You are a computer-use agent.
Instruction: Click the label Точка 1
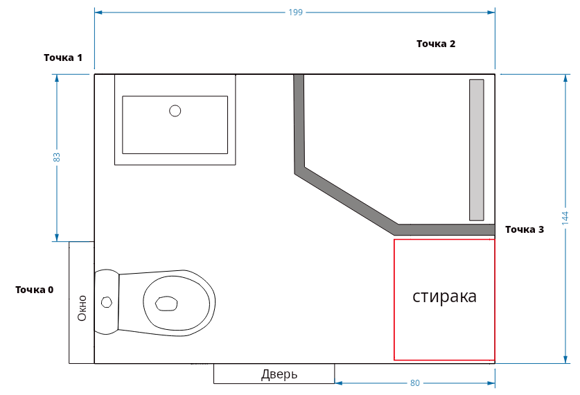pyautogui.click(x=63, y=58)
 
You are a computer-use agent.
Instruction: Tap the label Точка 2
pyautogui.click(x=435, y=44)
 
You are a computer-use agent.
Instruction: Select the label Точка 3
pyautogui.click(x=524, y=229)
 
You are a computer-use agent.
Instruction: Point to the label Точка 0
pyautogui.click(x=34, y=290)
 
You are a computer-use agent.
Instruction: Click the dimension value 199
pyautogui.click(x=295, y=12)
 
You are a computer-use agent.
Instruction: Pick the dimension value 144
pyautogui.click(x=565, y=218)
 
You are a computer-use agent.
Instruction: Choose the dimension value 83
pyautogui.click(x=57, y=157)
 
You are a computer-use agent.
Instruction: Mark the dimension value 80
pyautogui.click(x=414, y=383)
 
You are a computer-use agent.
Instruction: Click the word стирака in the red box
pyautogui.click(x=444, y=297)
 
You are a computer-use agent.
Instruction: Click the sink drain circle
pyautogui.click(x=175, y=110)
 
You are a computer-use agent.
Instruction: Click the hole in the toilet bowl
pyautogui.click(x=166, y=303)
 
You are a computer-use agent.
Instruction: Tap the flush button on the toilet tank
pyautogui.click(x=106, y=302)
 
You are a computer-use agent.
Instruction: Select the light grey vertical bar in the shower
pyautogui.click(x=476, y=150)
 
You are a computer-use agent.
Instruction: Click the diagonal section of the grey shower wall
pyautogui.click(x=346, y=199)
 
